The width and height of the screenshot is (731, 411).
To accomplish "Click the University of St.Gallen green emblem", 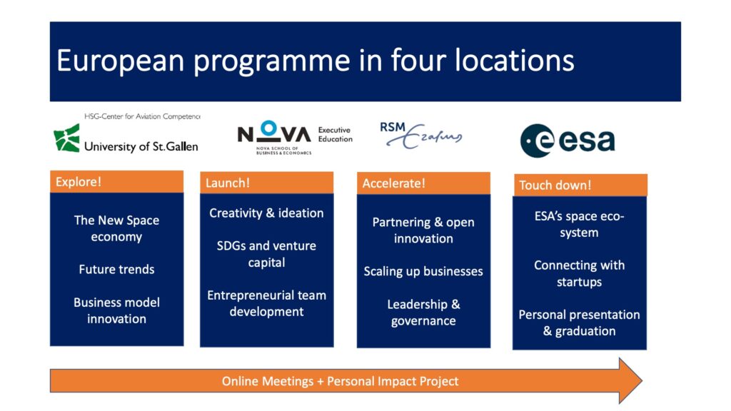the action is [66, 138].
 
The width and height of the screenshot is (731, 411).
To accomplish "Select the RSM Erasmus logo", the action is [421, 135].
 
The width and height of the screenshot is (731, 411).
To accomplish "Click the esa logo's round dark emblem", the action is [537, 141].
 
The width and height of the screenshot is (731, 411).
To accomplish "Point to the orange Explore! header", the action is [116, 181].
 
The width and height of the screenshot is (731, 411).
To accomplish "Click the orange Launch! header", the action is [267, 183].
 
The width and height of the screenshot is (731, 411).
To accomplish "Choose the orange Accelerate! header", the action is [423, 183].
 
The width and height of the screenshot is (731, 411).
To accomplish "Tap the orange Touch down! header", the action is [580, 185].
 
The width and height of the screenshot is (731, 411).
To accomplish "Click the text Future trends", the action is [116, 269].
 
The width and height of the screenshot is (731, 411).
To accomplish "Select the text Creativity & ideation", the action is [266, 213].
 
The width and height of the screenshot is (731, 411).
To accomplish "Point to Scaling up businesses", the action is [423, 271].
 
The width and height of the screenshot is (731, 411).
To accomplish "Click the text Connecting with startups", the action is [579, 273].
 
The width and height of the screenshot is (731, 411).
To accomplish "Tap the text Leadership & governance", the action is [423, 313].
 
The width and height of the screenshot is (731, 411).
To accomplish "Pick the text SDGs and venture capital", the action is [266, 254].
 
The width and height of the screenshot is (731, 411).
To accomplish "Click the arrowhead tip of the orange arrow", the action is [642, 381].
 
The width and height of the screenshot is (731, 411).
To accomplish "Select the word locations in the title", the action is [514, 61].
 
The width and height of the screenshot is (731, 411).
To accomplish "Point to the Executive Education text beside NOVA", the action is [336, 135].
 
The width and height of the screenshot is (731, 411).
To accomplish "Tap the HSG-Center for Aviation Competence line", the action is [142, 116].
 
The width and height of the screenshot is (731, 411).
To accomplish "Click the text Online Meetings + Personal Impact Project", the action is [340, 381].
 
